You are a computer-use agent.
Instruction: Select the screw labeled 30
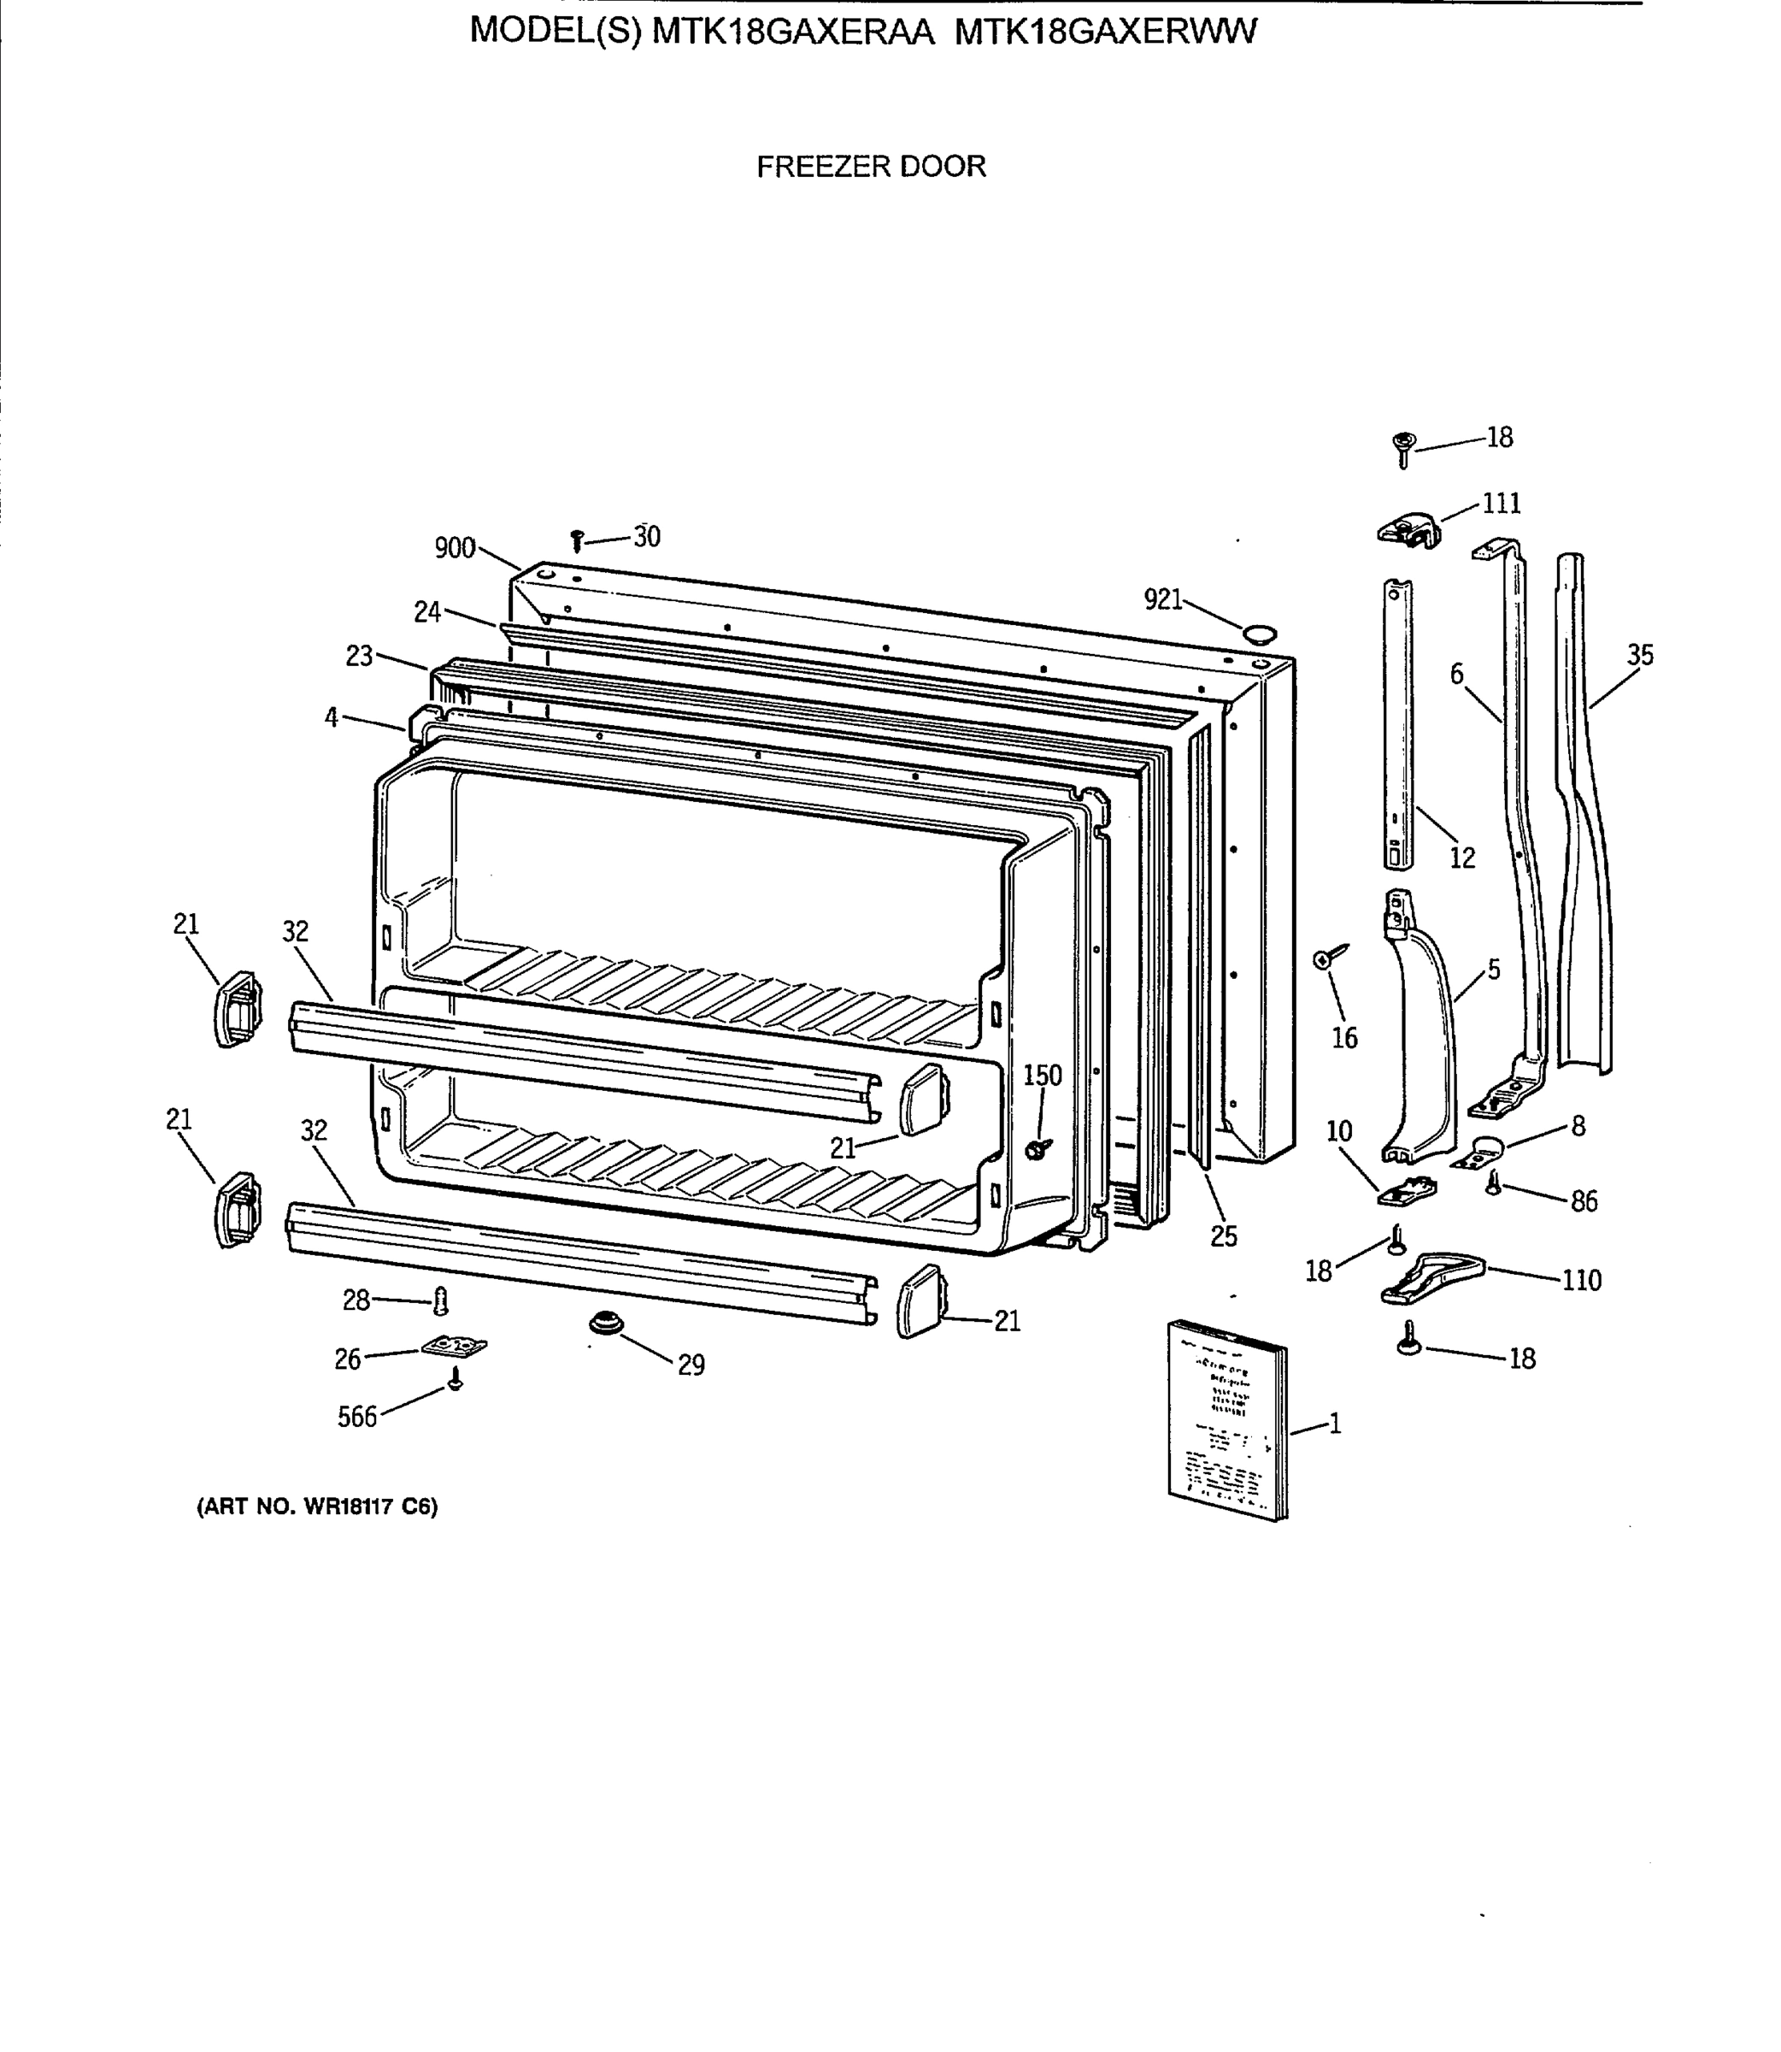(x=577, y=541)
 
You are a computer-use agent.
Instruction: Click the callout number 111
(x=1501, y=504)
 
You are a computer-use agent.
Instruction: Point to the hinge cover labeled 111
(x=1409, y=528)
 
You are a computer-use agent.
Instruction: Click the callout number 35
(x=1640, y=655)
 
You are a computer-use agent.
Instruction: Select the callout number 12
(x=1462, y=858)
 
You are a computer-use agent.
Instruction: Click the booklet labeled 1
(x=1226, y=1422)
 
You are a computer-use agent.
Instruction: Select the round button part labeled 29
(x=603, y=1324)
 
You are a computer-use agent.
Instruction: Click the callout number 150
(x=1043, y=1076)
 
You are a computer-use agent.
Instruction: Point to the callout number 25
(x=1224, y=1235)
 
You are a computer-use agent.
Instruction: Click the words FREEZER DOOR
(x=871, y=166)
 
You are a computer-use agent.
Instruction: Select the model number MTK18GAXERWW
(x=1105, y=32)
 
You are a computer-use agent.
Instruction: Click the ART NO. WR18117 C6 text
(x=317, y=1507)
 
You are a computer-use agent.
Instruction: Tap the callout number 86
(x=1584, y=1202)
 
